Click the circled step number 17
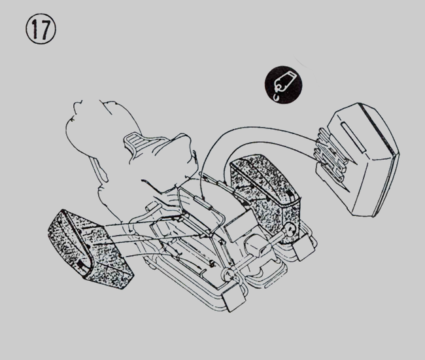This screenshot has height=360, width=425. [41, 29]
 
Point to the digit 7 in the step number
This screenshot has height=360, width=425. [46, 29]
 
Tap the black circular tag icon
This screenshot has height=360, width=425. [283, 84]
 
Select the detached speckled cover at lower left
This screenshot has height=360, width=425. [90, 248]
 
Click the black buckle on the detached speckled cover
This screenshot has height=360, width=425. [80, 264]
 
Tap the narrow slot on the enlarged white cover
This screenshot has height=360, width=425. [354, 137]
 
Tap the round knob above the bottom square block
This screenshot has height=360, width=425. [228, 275]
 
